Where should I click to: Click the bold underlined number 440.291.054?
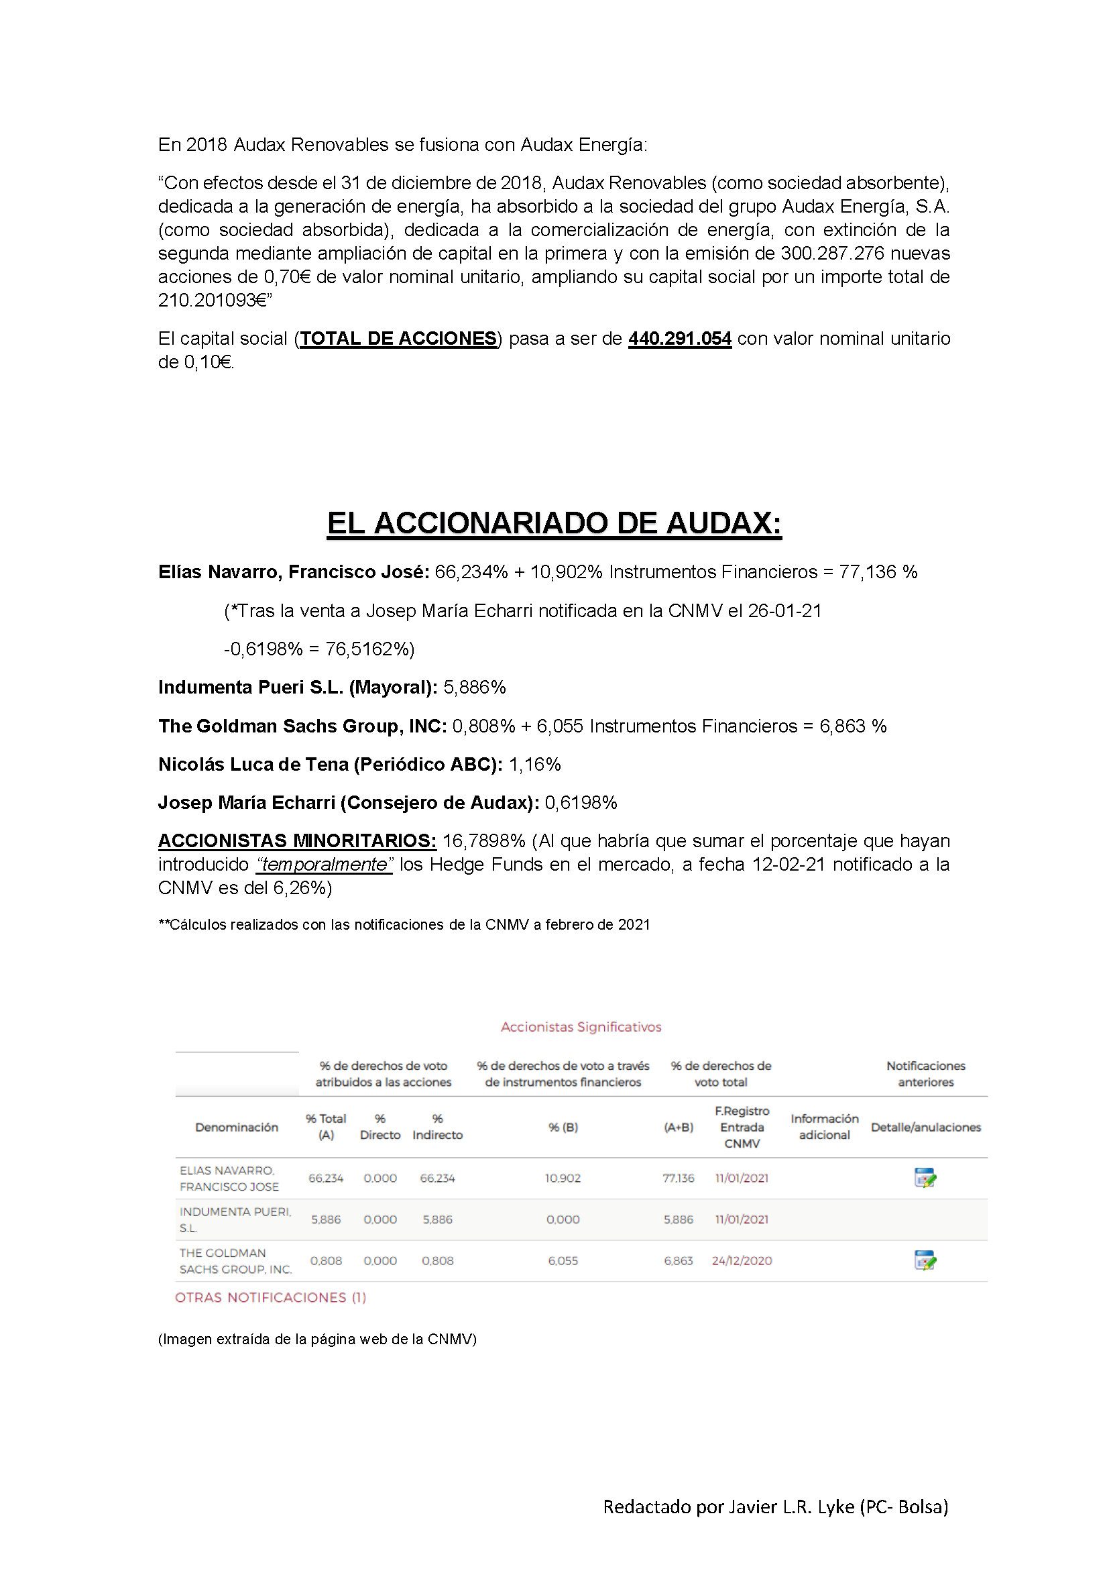click(x=679, y=339)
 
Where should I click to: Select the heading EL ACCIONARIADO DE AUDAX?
click(x=554, y=523)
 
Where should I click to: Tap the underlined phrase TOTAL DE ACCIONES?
click(x=398, y=339)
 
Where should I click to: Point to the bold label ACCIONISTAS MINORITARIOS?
click(x=297, y=841)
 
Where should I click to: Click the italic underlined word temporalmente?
click(x=325, y=865)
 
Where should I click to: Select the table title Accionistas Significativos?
click(x=581, y=1027)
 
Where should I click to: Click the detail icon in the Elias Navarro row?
click(x=925, y=1178)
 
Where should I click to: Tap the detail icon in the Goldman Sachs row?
click(x=925, y=1260)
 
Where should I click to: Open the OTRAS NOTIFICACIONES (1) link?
click(x=270, y=1298)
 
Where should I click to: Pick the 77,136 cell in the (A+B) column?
click(x=679, y=1179)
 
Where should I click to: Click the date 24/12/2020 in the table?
click(x=742, y=1261)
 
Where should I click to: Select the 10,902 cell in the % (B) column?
click(x=563, y=1179)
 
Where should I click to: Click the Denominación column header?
click(x=237, y=1128)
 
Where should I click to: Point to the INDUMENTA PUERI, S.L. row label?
click(x=235, y=1220)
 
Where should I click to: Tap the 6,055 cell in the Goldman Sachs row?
click(x=563, y=1261)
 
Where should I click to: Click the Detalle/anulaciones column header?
click(x=925, y=1128)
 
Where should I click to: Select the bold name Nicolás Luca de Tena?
click(x=253, y=765)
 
